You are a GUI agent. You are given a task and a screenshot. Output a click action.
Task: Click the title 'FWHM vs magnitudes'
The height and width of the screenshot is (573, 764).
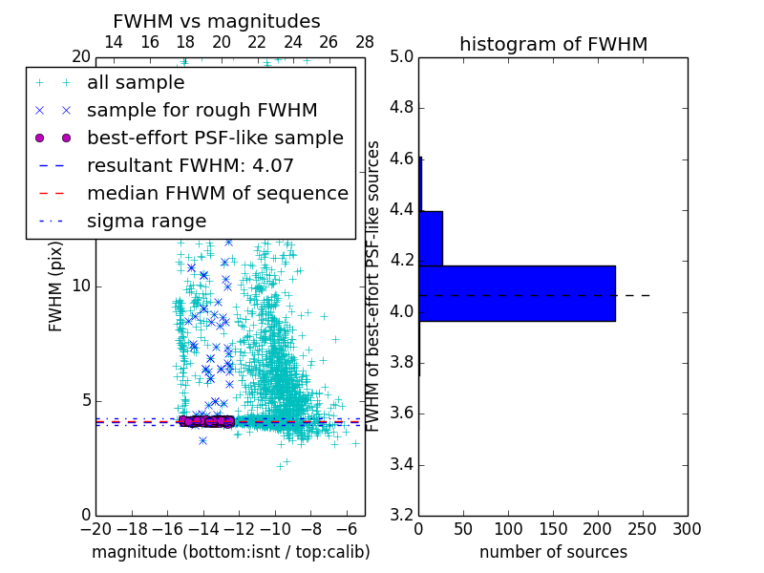(217, 22)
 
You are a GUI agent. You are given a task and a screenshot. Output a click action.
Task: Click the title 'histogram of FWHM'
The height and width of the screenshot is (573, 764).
(553, 44)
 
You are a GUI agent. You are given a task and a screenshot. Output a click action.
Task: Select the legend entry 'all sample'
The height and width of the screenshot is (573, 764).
(136, 83)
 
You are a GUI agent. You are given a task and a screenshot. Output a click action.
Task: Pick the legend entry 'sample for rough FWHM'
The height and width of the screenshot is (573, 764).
(202, 111)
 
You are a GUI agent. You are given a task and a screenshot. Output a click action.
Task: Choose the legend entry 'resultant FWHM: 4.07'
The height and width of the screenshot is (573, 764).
(190, 166)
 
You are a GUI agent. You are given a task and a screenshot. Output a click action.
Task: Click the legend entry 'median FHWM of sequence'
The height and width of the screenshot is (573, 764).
(217, 194)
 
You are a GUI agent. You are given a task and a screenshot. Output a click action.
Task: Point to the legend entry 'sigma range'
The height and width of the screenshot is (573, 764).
(146, 222)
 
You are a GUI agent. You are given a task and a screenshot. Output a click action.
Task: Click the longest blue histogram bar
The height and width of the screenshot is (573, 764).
(517, 293)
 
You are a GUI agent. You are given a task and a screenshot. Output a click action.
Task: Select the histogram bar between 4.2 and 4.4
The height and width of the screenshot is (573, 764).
(431, 238)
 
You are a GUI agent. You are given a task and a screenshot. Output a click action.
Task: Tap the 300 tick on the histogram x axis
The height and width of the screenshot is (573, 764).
(687, 529)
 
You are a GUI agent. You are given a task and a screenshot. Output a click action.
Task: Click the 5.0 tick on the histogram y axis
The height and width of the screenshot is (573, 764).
(401, 56)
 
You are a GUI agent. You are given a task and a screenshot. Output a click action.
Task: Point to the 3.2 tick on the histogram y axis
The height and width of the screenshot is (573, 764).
(401, 516)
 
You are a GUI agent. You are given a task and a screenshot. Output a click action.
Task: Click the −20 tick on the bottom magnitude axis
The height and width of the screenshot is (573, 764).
(95, 529)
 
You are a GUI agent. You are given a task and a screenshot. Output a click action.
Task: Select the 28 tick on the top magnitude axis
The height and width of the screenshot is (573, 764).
(365, 43)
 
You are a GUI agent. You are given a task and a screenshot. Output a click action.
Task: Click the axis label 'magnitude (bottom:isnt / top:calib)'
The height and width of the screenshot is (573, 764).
(230, 552)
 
